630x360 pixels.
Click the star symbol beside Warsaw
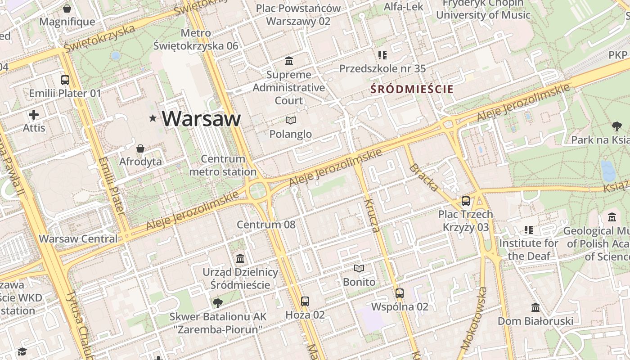[153, 118]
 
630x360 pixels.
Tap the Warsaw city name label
[201, 118]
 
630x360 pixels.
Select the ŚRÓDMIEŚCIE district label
[412, 89]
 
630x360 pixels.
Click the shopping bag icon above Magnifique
[67, 9]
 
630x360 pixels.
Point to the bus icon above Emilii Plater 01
[65, 80]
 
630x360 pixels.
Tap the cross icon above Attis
[34, 114]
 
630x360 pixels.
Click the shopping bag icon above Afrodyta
[140, 148]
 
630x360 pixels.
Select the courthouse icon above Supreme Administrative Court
[289, 61]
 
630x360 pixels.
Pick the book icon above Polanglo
[291, 120]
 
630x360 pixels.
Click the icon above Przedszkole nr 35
[382, 55]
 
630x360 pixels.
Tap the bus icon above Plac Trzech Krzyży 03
[466, 201]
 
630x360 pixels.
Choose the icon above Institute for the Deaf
[529, 230]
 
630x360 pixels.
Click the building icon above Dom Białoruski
[535, 307]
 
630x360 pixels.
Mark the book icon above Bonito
[359, 269]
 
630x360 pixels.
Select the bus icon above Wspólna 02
[400, 293]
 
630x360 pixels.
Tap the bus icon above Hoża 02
[305, 301]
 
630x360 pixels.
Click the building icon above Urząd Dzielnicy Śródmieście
[240, 258]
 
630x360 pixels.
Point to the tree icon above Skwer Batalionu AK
[218, 302]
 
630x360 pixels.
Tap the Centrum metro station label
[223, 165]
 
